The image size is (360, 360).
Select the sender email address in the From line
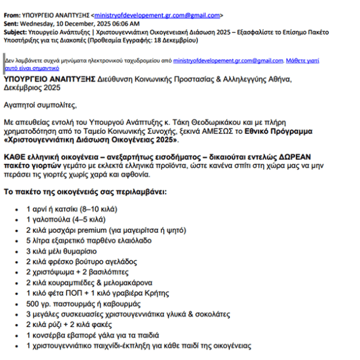[x=159, y=14]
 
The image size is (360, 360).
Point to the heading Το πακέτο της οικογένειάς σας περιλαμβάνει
[x=86, y=193]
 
